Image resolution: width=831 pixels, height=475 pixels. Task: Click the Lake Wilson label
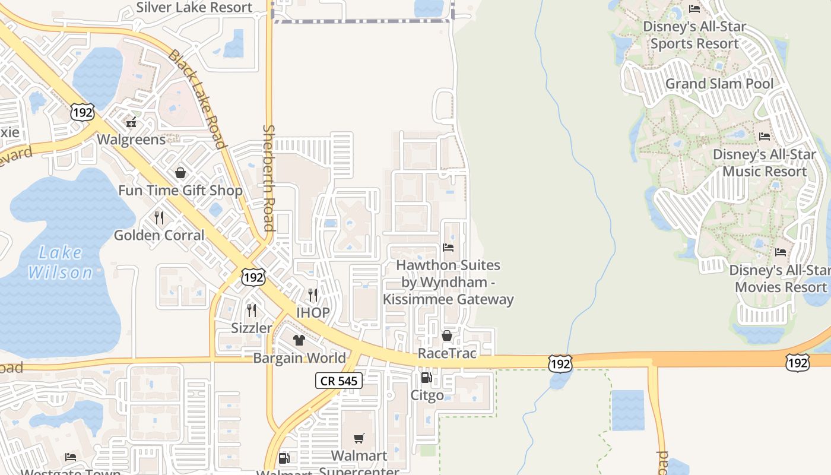(61, 263)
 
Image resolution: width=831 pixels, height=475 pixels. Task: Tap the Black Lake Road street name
(198, 99)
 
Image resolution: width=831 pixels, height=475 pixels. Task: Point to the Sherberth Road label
(269, 178)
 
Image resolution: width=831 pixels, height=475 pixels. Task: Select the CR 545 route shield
(339, 381)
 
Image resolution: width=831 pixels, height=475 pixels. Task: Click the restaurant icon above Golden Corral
(158, 218)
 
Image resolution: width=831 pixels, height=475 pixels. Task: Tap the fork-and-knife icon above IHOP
(312, 295)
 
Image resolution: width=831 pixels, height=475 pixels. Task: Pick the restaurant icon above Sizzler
(251, 311)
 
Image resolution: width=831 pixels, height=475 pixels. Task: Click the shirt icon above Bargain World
(299, 340)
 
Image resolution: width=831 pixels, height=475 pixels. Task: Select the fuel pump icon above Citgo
(426, 378)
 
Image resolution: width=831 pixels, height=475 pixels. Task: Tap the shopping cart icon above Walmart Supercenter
(359, 439)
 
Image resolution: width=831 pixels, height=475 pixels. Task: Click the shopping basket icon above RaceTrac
(447, 336)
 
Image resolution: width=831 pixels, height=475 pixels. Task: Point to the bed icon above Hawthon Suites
(448, 247)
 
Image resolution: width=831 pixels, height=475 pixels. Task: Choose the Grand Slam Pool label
(719, 84)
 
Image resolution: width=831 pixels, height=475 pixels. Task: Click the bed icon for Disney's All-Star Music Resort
(765, 137)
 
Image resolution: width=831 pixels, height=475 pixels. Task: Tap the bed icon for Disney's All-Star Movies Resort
(781, 252)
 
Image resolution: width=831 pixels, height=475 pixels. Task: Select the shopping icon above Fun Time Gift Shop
(180, 173)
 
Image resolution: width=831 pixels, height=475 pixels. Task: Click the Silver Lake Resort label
(194, 8)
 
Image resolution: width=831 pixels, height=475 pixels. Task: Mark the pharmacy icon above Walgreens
(131, 123)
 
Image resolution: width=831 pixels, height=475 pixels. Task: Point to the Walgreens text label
(131, 140)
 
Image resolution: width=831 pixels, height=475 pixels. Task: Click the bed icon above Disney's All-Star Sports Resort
(694, 9)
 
